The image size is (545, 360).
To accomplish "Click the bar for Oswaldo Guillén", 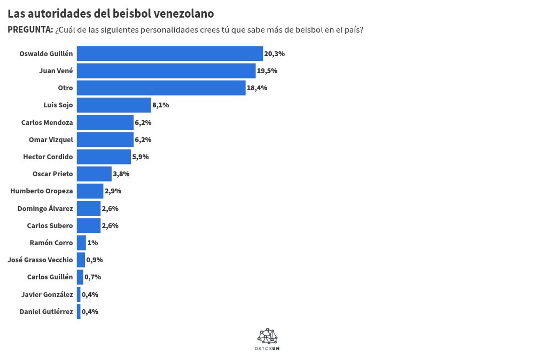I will point(170,53).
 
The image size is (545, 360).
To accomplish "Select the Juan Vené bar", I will point(166,71).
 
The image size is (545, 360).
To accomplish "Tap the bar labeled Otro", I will point(161,88).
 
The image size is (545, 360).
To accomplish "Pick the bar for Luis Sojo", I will point(114,105).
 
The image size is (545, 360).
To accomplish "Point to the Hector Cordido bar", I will point(104,156).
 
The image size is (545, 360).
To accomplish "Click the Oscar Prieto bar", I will point(94,174).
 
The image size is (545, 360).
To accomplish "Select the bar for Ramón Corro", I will point(81,242).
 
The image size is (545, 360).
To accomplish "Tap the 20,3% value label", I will point(274,54).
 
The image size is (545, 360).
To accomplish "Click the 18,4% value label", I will point(257,88).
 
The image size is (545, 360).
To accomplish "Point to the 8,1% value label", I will point(160,105).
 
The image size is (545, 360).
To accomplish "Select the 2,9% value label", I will point(113,191).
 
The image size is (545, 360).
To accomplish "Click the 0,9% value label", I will point(94,260).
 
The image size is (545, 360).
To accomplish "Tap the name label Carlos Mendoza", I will point(47,122).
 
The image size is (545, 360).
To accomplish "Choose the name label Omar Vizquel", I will point(51,139).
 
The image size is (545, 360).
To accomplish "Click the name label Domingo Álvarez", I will point(45,208).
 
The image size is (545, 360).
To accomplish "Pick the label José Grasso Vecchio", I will point(41,260).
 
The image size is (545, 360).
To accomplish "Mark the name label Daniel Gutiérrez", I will point(46,311).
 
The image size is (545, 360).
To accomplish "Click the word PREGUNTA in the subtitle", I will point(30,30).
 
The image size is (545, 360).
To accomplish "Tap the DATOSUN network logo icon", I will point(268,336).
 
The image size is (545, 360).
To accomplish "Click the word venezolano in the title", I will point(183,13).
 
